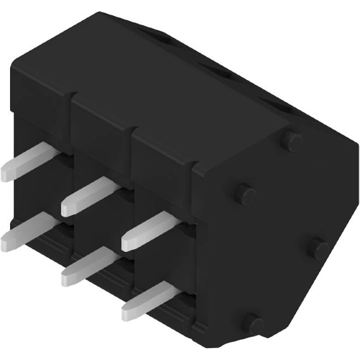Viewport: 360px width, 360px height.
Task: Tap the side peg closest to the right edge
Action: (x=318, y=247)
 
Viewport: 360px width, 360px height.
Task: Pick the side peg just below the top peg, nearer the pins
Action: (x=245, y=193)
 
